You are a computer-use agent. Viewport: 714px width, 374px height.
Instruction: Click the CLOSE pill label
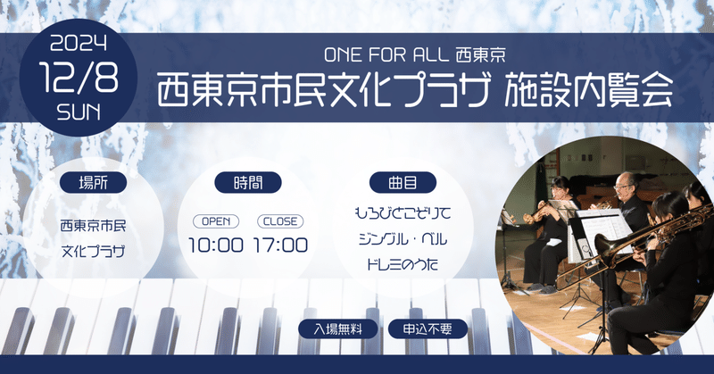pos(279,220)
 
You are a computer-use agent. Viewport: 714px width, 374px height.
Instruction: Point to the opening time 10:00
pos(216,245)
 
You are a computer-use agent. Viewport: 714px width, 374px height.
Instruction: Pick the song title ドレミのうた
pos(403,266)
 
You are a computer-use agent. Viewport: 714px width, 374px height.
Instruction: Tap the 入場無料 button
pos(338,328)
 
